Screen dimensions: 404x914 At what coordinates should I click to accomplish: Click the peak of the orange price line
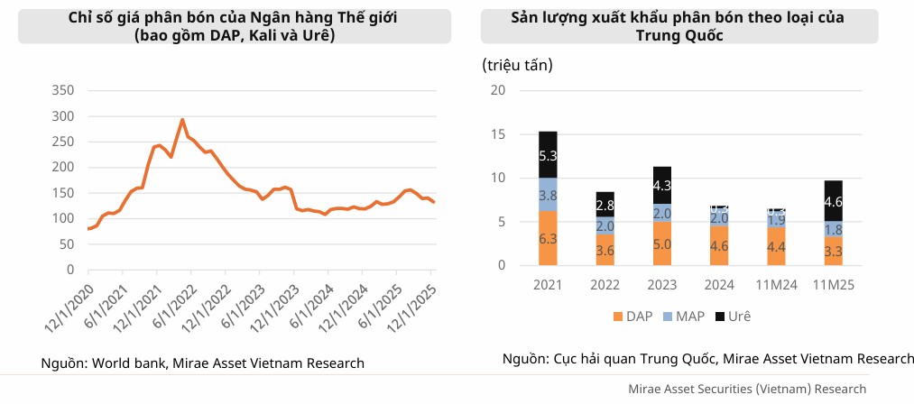point(182,119)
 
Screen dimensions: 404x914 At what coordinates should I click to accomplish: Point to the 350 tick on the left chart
point(63,90)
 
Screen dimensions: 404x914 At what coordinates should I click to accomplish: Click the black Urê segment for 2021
point(548,155)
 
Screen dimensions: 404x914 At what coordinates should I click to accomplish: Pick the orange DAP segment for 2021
point(548,238)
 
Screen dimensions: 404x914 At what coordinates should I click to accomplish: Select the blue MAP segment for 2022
point(605,225)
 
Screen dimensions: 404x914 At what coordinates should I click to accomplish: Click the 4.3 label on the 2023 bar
point(661,186)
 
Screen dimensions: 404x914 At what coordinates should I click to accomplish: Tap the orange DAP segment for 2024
point(718,245)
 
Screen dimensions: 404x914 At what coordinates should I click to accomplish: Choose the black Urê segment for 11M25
point(833,201)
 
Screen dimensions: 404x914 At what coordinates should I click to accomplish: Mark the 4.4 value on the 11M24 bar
point(776,246)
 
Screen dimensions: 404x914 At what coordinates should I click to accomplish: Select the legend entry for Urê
point(733,317)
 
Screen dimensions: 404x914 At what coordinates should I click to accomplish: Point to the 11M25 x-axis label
point(833,286)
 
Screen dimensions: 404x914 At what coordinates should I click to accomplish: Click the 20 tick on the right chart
point(497,90)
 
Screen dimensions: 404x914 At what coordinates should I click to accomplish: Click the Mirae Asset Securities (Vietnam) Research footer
point(748,389)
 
